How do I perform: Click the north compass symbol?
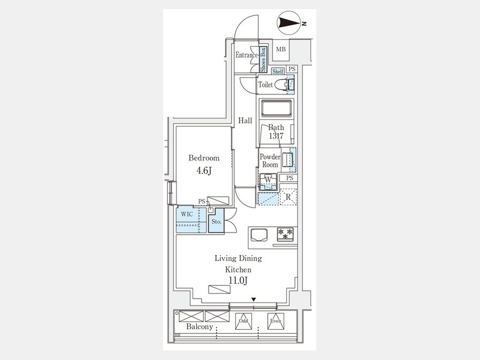[x=289, y=23]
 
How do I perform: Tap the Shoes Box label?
[x=263, y=59]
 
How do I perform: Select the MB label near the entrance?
[x=281, y=49]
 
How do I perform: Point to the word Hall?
[x=245, y=121]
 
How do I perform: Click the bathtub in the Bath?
[x=276, y=108]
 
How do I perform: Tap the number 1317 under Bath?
[x=276, y=135]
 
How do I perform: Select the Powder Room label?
[x=270, y=161]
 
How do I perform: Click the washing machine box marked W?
[x=268, y=181]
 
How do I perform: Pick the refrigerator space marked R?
[x=288, y=197]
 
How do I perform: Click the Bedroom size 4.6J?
[x=204, y=171]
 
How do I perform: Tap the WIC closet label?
[x=187, y=214]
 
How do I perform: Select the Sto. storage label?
[x=217, y=222]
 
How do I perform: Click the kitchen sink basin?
[x=259, y=235]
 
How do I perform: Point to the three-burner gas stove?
[x=285, y=234]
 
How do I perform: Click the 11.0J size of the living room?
[x=238, y=280]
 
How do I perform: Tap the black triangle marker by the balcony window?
[x=253, y=299]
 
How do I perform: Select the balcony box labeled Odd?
[x=244, y=321]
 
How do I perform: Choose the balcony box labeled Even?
[x=276, y=321]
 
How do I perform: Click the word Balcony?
[x=199, y=326]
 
